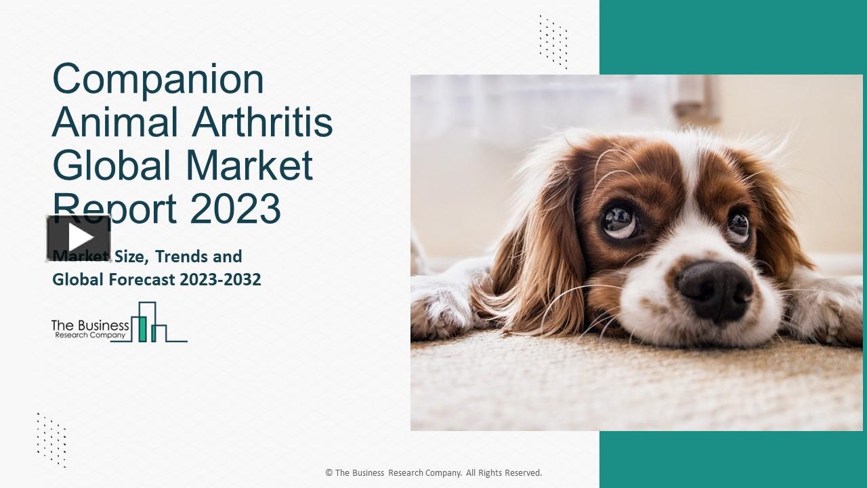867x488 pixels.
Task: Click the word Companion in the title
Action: coord(158,79)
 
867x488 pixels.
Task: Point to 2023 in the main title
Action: coord(235,208)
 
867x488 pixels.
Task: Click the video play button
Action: coord(79,238)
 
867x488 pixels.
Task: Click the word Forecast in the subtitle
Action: coord(141,279)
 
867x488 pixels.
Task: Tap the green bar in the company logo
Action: coord(142,328)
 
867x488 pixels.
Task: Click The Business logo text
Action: coord(90,327)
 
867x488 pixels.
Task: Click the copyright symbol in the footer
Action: coord(329,473)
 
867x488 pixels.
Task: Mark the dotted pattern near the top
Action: coord(553,41)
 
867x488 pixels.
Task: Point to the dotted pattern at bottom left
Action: coord(51,439)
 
